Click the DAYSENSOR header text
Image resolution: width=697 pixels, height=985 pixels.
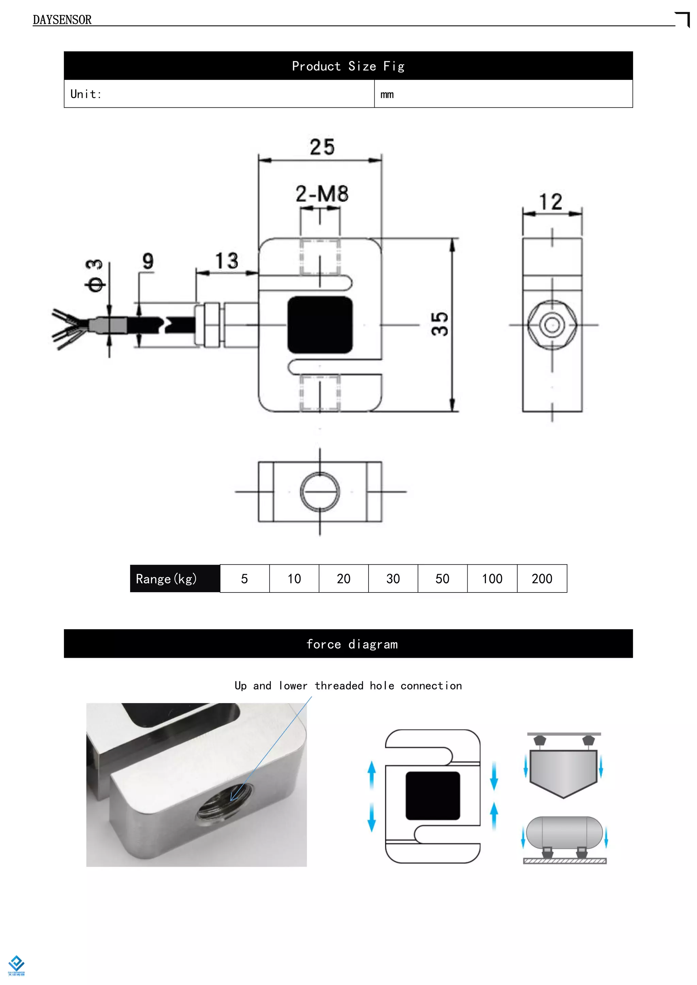pyautogui.click(x=62, y=20)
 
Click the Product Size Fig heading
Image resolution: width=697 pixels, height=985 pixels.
pyautogui.click(x=348, y=66)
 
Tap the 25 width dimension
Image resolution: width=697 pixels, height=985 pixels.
pyautogui.click(x=322, y=147)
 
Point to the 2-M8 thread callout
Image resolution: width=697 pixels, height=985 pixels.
pyautogui.click(x=322, y=194)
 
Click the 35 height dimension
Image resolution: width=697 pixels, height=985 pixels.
pyautogui.click(x=440, y=324)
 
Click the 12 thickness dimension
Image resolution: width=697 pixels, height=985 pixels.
pyautogui.click(x=551, y=202)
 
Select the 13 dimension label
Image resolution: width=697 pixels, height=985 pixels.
pyautogui.click(x=226, y=261)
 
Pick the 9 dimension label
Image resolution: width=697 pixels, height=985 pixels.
pyautogui.click(x=148, y=261)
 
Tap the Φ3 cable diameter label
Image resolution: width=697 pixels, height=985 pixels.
pyautogui.click(x=94, y=276)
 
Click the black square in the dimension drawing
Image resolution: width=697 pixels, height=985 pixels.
pyautogui.click(x=320, y=325)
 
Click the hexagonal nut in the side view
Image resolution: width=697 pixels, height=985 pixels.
pyautogui.click(x=552, y=325)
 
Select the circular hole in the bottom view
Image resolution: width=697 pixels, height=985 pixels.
pyautogui.click(x=320, y=491)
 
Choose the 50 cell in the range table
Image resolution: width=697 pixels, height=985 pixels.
pyautogui.click(x=442, y=579)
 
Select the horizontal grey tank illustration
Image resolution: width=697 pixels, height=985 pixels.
pyautogui.click(x=564, y=832)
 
